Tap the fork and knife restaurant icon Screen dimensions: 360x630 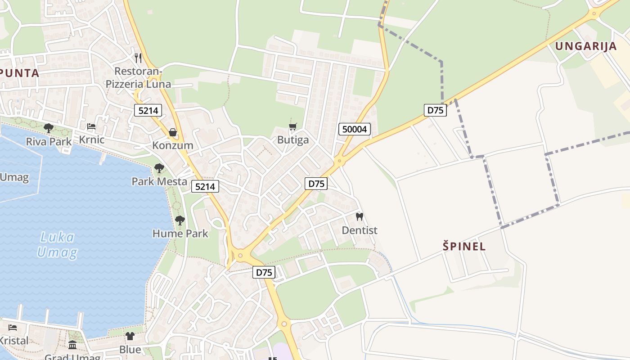[x=138, y=58]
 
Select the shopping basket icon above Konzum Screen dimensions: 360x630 [x=172, y=132]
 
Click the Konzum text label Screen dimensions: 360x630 [x=172, y=145]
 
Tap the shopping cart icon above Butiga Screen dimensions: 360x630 [x=293, y=127]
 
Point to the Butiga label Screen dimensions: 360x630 [x=293, y=140]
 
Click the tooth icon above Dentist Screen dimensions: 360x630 [x=359, y=216]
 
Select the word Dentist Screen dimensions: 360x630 [x=360, y=230]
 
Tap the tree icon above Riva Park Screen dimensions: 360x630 [x=49, y=128]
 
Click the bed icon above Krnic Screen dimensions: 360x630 [x=91, y=126]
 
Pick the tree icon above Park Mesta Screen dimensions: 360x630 [x=159, y=168]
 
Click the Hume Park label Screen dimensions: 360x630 [x=180, y=234]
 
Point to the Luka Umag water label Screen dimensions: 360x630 [x=57, y=245]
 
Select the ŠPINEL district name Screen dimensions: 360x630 [x=464, y=246]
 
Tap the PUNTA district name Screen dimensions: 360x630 [x=20, y=73]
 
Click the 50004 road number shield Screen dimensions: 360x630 [x=355, y=130]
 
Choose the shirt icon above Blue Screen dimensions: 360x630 [x=130, y=336]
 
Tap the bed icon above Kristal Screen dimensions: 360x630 [x=13, y=328]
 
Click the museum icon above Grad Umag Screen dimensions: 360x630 [x=72, y=345]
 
